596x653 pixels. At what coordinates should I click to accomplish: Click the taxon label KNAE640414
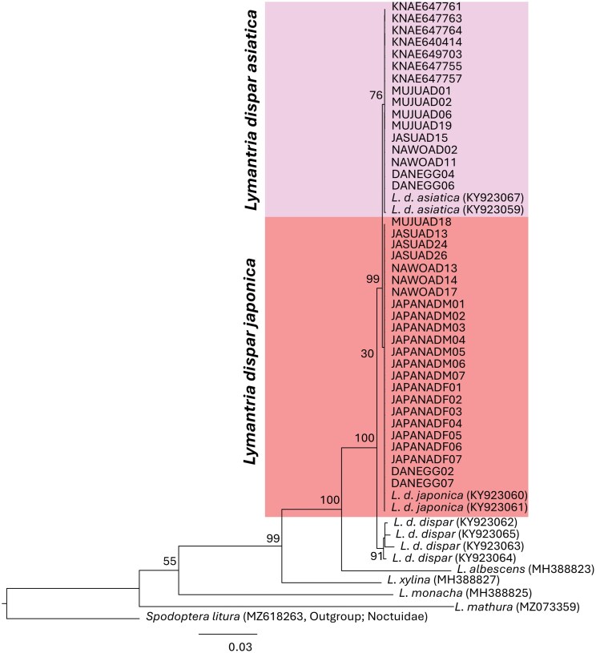point(420,42)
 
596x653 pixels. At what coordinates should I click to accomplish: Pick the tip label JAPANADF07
point(421,459)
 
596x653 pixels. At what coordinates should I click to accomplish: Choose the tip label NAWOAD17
point(417,292)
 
